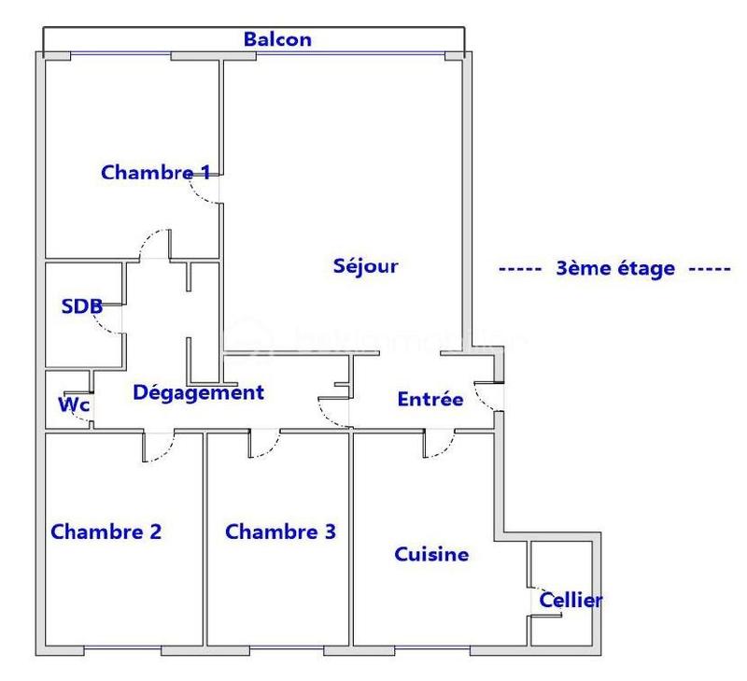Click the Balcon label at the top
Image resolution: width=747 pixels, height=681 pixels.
tap(277, 40)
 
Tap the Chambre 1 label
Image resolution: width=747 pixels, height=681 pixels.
tap(156, 172)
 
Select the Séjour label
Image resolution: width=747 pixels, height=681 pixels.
tap(365, 265)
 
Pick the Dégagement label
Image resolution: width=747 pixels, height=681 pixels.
tap(199, 392)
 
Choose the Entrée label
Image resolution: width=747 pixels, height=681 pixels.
tap(430, 399)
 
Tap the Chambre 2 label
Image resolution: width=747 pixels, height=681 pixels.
tap(106, 532)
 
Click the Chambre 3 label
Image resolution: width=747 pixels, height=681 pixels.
tap(281, 532)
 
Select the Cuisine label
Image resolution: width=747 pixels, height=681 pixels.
tap(430, 554)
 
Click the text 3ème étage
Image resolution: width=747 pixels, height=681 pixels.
tap(614, 269)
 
